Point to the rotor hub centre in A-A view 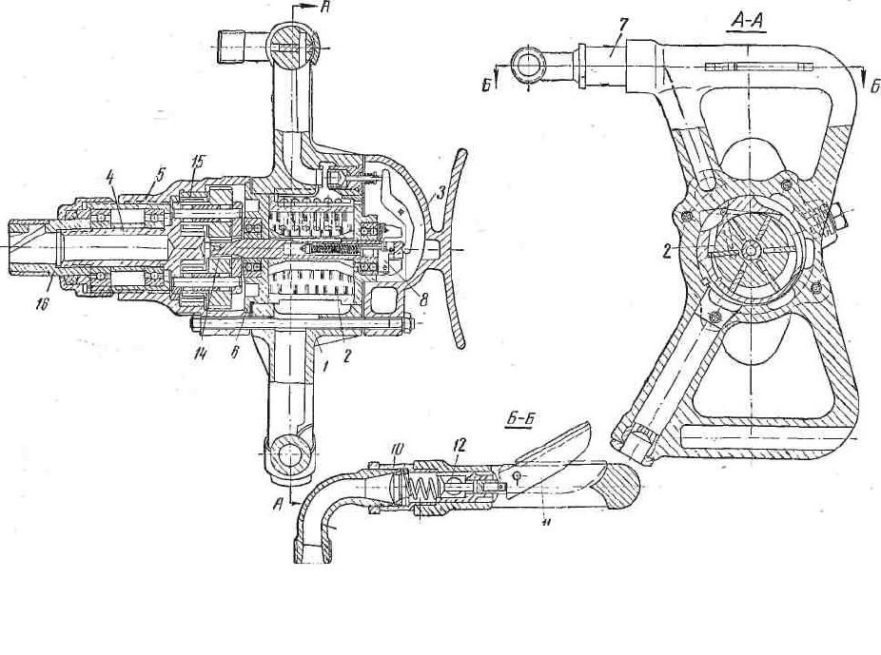point(750,250)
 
